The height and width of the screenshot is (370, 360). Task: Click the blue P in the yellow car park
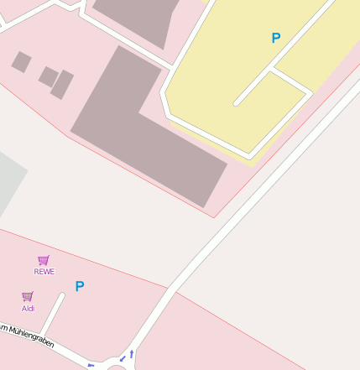[276, 38]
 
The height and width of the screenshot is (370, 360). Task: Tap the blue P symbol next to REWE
[80, 286]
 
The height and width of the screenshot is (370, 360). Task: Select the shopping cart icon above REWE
[44, 260]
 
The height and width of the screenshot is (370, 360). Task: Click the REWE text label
[44, 271]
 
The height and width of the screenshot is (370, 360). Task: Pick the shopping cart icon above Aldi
[28, 296]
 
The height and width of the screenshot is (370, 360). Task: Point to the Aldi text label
[28, 308]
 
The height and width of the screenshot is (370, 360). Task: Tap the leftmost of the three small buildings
[21, 61]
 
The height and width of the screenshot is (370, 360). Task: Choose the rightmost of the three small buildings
[63, 85]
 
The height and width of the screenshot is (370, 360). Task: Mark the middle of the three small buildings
[48, 76]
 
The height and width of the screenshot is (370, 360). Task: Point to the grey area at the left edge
[8, 185]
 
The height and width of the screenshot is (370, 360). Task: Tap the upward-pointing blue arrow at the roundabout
[132, 354]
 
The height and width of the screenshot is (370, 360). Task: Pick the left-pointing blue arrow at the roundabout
[91, 366]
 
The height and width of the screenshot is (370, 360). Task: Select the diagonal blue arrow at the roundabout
[122, 360]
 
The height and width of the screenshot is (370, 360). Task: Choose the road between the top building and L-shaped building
[126, 42]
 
